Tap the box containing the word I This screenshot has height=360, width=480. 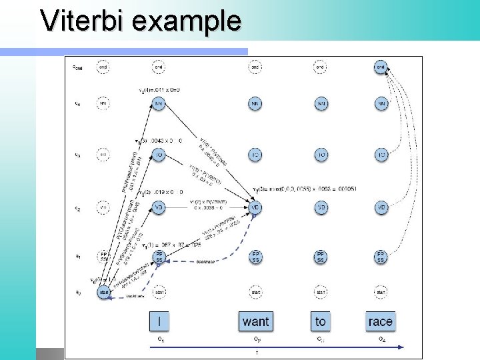coord(159,321)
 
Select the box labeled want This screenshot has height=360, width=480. coord(255,321)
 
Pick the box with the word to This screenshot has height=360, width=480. coord(321,321)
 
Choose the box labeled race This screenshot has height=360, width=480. coord(380,321)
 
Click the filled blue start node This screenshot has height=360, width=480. coord(103,292)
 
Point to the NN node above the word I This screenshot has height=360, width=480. coord(159,104)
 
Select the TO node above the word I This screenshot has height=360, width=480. coord(159,155)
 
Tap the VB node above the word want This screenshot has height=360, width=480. coord(255,207)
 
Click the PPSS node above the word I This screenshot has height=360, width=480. coord(159,257)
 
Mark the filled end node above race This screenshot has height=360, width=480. coord(381,67)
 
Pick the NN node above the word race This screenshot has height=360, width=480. coord(381,104)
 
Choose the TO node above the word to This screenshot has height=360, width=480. coord(321,155)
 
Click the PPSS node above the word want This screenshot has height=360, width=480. coord(255,257)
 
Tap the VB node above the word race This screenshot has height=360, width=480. coord(381,207)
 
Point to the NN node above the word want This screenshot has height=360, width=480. coord(255,104)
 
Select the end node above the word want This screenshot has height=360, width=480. coord(255,67)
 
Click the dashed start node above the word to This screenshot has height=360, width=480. coord(321,292)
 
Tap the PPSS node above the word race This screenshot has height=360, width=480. coord(381,257)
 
